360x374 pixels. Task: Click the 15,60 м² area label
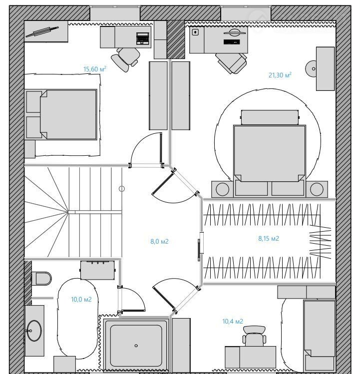click(x=95, y=69)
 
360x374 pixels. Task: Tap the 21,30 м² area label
click(x=280, y=75)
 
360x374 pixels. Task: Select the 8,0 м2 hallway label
click(x=159, y=241)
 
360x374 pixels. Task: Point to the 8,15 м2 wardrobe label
click(x=269, y=238)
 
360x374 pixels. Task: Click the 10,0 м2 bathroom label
click(x=81, y=299)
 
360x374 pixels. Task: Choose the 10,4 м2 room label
click(x=233, y=321)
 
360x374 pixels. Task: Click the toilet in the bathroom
click(x=42, y=278)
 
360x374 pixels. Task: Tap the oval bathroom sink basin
click(x=34, y=331)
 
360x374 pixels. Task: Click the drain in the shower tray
click(x=136, y=346)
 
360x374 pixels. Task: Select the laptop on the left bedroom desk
click(x=143, y=38)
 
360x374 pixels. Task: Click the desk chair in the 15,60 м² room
click(x=125, y=59)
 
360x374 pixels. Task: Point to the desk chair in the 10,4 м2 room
click(x=254, y=336)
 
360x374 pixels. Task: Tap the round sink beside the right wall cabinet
click(x=311, y=69)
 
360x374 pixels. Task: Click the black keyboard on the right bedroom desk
click(x=232, y=42)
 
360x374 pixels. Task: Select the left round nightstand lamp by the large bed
click(x=222, y=189)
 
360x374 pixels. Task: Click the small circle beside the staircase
click(x=122, y=189)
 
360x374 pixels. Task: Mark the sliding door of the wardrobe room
click(x=199, y=250)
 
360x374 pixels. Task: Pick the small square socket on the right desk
click(x=195, y=32)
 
